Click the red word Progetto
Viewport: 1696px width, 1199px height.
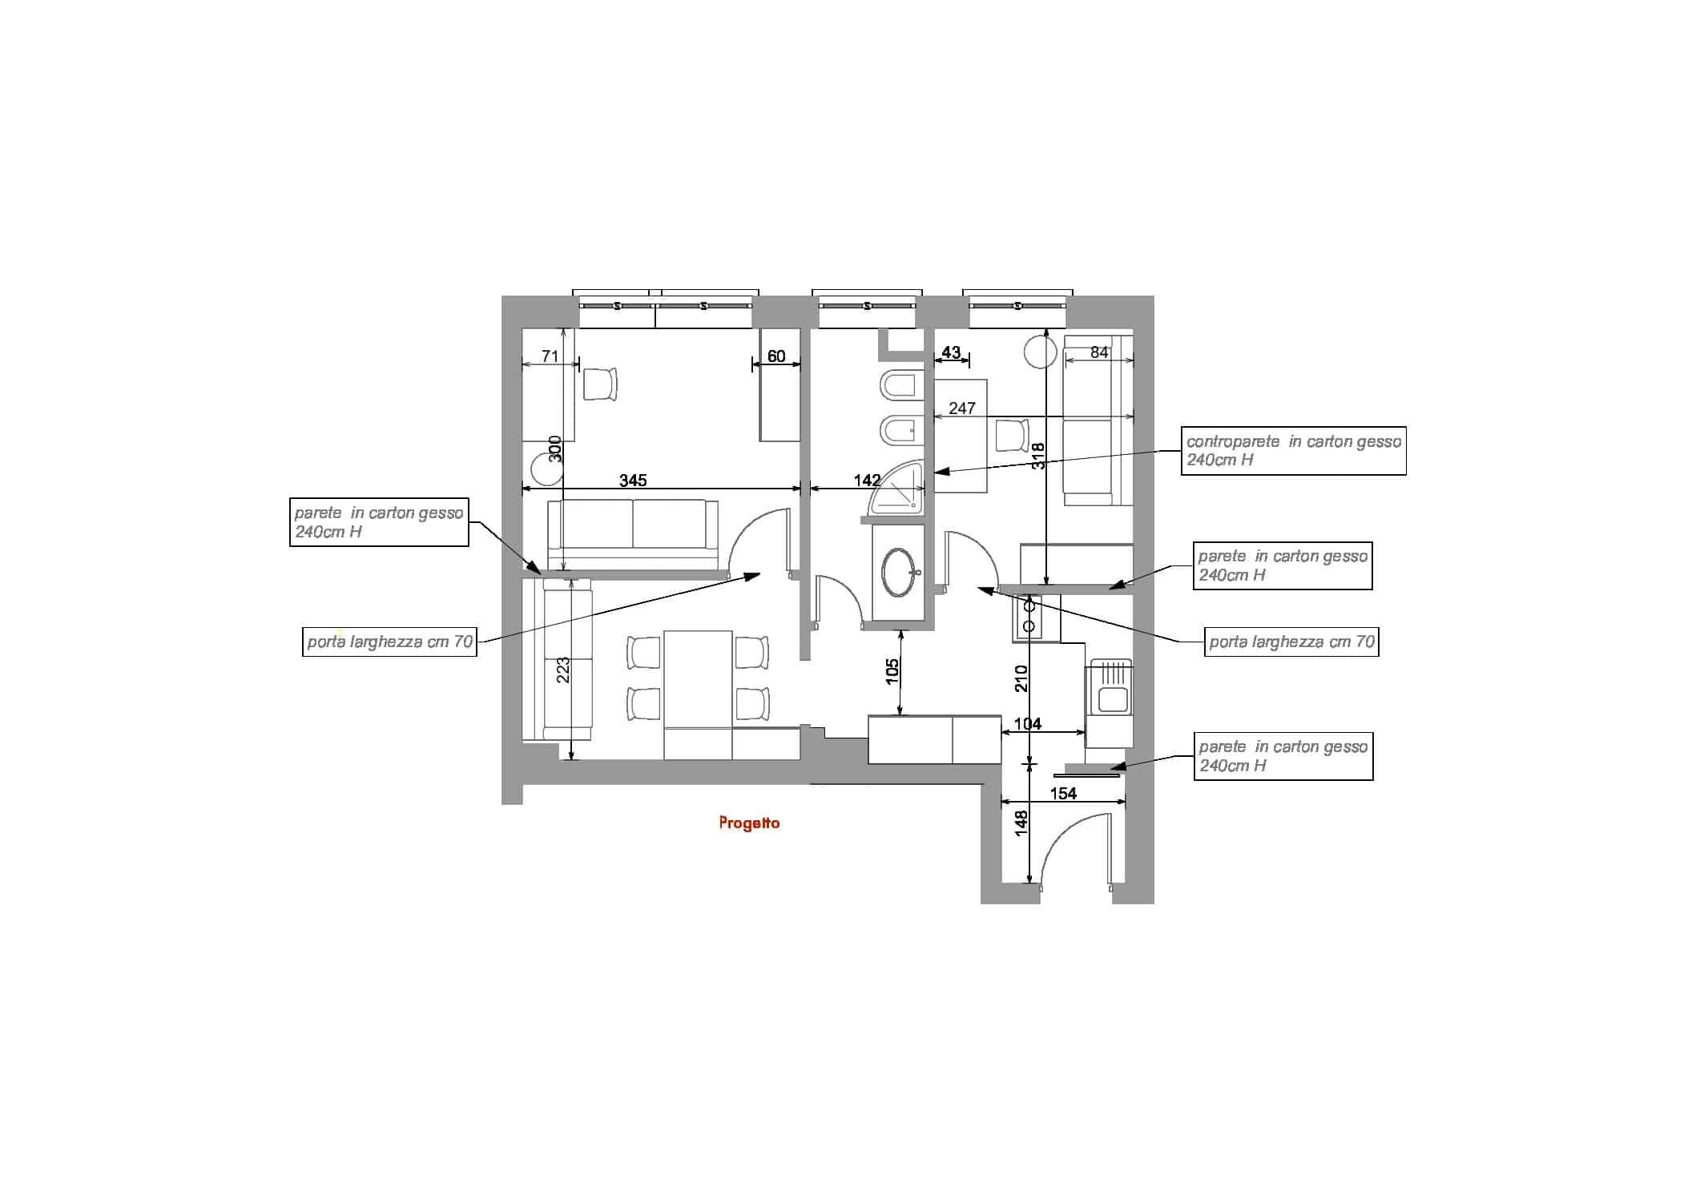click(749, 823)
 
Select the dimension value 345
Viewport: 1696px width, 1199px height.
click(633, 481)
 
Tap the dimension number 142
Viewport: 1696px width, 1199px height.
click(867, 481)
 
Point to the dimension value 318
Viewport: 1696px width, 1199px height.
click(1038, 456)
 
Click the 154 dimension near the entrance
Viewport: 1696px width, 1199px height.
click(1063, 794)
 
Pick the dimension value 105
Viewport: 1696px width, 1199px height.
click(892, 671)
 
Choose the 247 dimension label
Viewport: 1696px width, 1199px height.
click(961, 408)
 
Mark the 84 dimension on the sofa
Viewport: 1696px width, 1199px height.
click(1099, 352)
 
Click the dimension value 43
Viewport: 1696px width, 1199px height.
click(951, 352)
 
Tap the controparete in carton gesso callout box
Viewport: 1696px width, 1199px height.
click(1293, 451)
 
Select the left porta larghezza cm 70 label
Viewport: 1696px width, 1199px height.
click(389, 642)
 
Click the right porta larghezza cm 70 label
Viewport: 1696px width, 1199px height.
click(1291, 642)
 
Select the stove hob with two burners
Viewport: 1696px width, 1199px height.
click(1029, 617)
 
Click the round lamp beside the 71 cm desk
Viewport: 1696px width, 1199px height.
click(549, 470)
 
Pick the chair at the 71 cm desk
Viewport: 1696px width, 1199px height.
click(601, 384)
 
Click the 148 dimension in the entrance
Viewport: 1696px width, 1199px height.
click(1020, 823)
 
